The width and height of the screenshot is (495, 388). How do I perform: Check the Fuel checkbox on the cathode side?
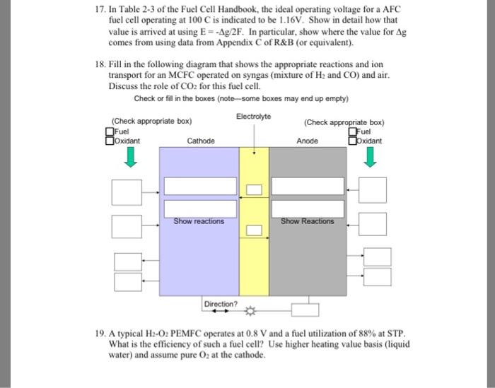(x=109, y=131)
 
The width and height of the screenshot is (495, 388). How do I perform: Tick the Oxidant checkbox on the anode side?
(x=351, y=140)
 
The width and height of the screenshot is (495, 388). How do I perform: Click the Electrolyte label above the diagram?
(x=255, y=116)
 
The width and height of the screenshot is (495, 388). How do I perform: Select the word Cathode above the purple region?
(x=201, y=141)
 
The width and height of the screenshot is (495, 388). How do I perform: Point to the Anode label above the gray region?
(x=308, y=141)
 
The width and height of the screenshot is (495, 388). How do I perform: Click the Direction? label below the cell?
(x=221, y=304)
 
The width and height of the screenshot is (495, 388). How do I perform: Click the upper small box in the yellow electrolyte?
(x=255, y=188)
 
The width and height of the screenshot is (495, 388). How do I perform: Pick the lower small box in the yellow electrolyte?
(x=255, y=229)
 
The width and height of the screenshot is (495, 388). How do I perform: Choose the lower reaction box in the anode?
(x=307, y=208)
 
